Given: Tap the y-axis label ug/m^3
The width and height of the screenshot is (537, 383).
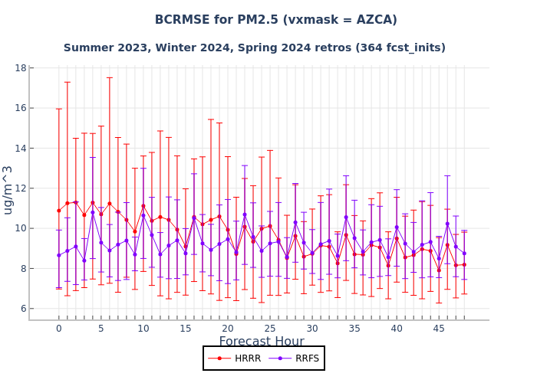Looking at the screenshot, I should (x=8, y=189).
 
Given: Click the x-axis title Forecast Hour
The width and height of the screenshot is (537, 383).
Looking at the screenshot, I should (x=262, y=342).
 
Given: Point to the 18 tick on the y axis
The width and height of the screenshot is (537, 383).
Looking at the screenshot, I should (x=21, y=67).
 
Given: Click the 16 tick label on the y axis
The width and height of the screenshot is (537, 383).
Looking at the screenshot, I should (x=21, y=108).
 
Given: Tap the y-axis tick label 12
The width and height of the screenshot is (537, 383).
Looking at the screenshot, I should (x=21, y=188).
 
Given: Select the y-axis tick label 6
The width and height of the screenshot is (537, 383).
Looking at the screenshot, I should (x=24, y=309).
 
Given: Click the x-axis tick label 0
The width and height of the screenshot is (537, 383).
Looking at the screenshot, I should (x=58, y=329).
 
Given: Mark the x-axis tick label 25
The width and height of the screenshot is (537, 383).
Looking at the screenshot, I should (x=270, y=329).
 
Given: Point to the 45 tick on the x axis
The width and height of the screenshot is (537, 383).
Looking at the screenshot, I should (x=439, y=329).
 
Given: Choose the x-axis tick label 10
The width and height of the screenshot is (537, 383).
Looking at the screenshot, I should (x=143, y=329).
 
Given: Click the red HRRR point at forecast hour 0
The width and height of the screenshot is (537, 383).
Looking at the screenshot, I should (x=58, y=211).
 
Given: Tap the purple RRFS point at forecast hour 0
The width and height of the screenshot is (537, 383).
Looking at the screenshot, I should (x=58, y=255).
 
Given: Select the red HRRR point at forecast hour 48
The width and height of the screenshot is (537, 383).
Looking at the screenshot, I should (x=464, y=265).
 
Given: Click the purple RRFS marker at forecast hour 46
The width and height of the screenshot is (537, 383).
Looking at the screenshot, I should (x=447, y=224).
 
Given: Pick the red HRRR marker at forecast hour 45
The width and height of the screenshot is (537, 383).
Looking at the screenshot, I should (x=439, y=270).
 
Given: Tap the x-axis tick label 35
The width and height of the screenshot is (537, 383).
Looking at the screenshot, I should (x=354, y=329).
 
